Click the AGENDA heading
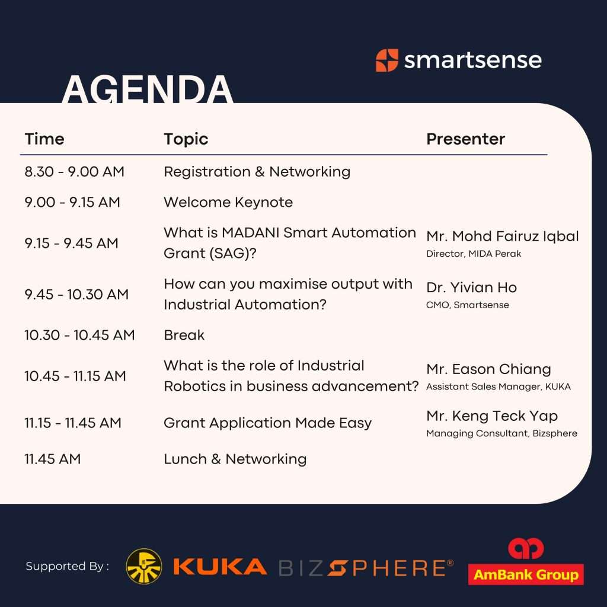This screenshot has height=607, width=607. (x=148, y=89)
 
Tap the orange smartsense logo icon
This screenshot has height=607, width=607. (x=386, y=60)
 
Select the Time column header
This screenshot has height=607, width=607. (x=44, y=139)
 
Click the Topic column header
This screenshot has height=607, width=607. (x=186, y=139)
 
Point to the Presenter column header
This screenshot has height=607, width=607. (x=466, y=139)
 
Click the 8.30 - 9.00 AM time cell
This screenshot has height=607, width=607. (x=74, y=171)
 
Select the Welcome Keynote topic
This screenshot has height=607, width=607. (x=228, y=202)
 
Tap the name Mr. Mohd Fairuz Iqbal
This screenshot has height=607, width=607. (x=503, y=236)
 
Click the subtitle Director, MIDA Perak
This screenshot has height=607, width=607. (x=474, y=254)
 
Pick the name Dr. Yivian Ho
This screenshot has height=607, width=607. (x=471, y=287)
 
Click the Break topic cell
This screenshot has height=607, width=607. (x=184, y=336)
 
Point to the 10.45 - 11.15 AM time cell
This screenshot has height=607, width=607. (x=75, y=376)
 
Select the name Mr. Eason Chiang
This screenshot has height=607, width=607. (x=488, y=369)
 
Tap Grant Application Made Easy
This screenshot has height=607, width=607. (x=267, y=423)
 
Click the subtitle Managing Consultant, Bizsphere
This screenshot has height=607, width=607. (x=501, y=433)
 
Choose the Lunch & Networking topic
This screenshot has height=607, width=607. (x=235, y=459)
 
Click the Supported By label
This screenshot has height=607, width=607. (x=68, y=566)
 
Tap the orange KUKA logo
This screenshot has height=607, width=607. (x=220, y=567)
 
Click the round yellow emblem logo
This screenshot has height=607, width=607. (x=144, y=566)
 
